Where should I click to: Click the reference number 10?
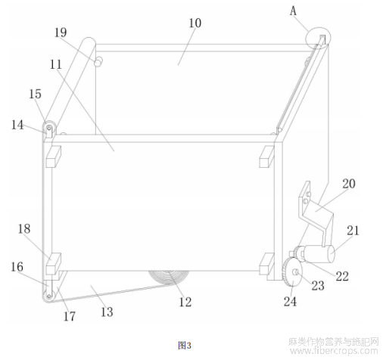[x=195, y=23]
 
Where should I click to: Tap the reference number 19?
[x=61, y=33]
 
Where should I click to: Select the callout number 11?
[x=56, y=64]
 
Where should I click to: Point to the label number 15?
[x=35, y=94]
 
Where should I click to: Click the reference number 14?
[x=17, y=125]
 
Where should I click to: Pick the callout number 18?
[x=24, y=229]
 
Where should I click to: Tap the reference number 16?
[x=17, y=267]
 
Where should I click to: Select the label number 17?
[x=70, y=316]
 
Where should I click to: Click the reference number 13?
[x=107, y=312]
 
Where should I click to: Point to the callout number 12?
[x=185, y=302]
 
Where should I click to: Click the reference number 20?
[x=349, y=184]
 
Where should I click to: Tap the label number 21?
[x=353, y=231]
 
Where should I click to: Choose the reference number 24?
[x=290, y=301]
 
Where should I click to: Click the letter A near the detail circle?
[x=293, y=11]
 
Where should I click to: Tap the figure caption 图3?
[x=185, y=345]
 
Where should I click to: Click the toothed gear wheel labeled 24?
[x=292, y=273]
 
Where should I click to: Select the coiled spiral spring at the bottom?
[x=169, y=278]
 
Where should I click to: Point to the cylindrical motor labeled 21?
[x=319, y=253]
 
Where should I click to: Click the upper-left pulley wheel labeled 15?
[x=49, y=127]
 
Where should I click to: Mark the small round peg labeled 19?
[x=98, y=61]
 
